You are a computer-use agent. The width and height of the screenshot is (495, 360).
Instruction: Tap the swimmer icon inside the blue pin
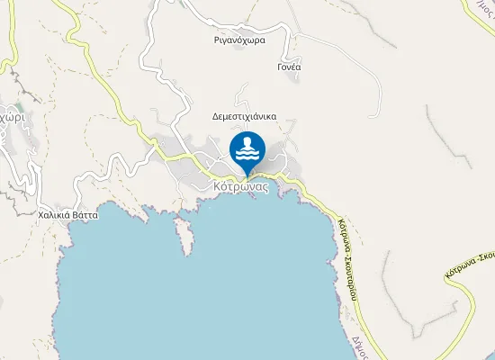[x=247, y=146]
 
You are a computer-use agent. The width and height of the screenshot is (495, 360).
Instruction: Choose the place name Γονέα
[x=290, y=67]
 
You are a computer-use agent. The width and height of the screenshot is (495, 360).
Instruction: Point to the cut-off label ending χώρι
[x=11, y=117]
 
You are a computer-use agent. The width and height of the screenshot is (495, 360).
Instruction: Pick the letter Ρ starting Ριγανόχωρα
[x=217, y=40]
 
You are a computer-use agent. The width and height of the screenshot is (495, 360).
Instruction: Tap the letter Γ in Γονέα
[x=280, y=67]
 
